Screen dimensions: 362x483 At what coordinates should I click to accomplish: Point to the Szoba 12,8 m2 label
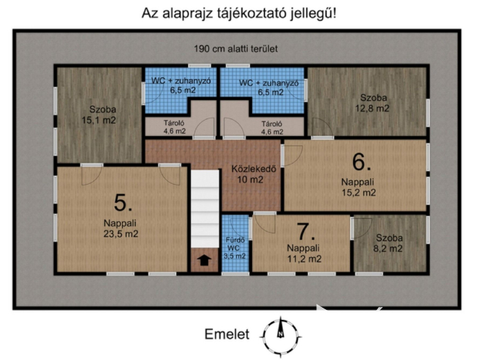tap(374, 103)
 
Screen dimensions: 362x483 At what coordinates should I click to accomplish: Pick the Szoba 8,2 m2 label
tap(390, 243)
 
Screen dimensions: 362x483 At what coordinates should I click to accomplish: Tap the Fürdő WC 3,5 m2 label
tap(235, 248)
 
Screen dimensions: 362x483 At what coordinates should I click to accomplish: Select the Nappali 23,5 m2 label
tap(120, 228)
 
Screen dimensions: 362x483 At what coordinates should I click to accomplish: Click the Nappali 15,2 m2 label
tap(358, 187)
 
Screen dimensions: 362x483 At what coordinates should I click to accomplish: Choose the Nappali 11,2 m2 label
tap(303, 253)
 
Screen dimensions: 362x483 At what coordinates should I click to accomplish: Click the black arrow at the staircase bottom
tap(202, 261)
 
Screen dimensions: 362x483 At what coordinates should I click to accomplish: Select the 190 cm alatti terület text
tap(236, 48)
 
